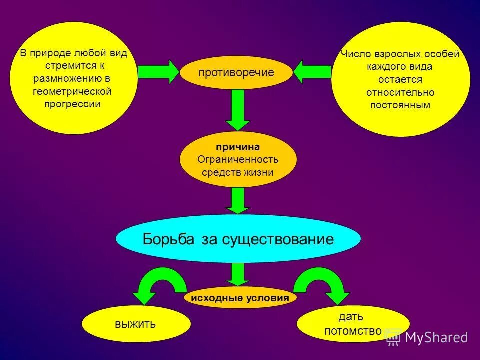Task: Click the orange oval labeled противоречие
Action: coord(236,73)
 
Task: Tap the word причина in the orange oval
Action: coord(237,147)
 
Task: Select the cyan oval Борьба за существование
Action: coord(238,239)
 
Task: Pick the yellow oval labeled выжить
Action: coord(136,324)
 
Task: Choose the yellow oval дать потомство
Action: coord(353,323)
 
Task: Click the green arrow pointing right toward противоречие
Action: coord(158,72)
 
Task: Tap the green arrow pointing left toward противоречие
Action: coord(313,72)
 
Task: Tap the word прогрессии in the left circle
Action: coord(72,104)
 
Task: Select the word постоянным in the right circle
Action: coord(400,105)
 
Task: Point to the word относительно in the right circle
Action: coord(400,92)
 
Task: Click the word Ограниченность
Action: coord(238,160)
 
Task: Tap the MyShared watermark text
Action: coord(436,337)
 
